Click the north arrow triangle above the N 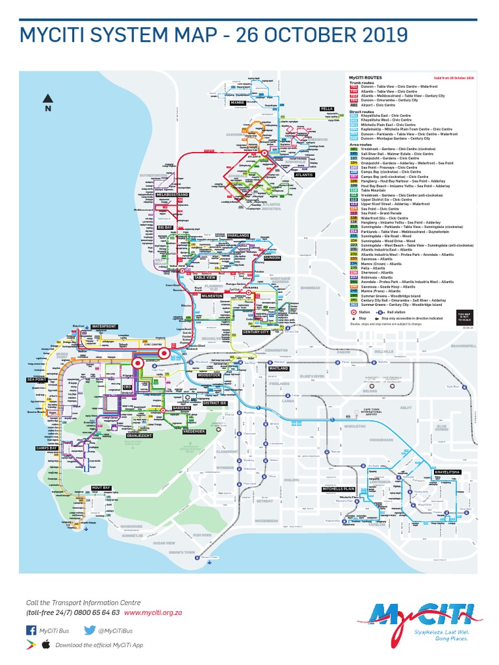pos(48,98)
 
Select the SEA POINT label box pos(36,379)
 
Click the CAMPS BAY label pos(47,448)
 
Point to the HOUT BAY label pos(101,487)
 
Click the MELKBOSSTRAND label pos(173,195)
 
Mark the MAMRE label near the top pos(237,103)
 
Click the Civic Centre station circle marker pos(164,354)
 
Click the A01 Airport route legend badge pos(354,105)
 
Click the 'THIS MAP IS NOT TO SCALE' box pos(464,316)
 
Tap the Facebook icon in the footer pos(31,630)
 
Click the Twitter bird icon pos(90,630)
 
